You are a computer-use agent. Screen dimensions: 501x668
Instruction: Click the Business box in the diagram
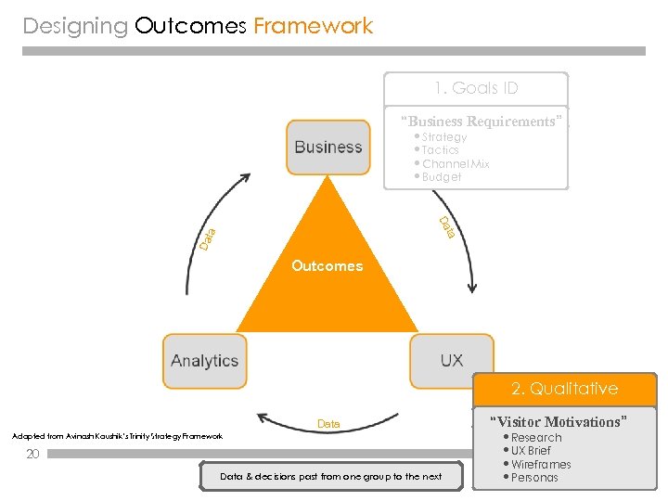[328, 148]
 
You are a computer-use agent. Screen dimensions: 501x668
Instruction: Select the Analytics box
[204, 361]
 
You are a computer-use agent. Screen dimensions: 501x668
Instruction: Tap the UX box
[451, 360]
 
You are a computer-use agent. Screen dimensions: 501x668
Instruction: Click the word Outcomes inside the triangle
[327, 266]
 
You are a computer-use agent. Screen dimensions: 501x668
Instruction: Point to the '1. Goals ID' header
[476, 89]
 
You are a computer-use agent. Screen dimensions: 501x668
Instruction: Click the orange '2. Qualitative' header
[564, 389]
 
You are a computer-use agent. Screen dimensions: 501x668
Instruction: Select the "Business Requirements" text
[481, 122]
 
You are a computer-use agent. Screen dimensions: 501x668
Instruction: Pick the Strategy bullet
[443, 137]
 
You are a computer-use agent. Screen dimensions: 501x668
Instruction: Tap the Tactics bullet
[440, 150]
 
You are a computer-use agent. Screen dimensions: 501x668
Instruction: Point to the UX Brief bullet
[530, 451]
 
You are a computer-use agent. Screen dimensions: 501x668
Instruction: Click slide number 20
[32, 455]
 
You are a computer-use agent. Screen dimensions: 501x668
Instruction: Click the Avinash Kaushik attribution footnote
[117, 436]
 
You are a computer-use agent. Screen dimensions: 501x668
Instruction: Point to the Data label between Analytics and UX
[328, 424]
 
